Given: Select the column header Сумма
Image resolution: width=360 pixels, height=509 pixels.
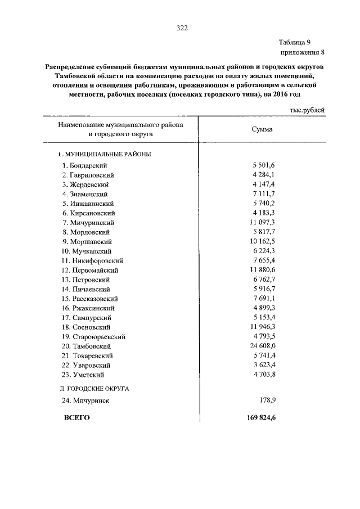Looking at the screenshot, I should tap(262, 129).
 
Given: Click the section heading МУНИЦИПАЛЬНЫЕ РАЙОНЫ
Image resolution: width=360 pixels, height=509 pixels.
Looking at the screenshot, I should tap(107, 154).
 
